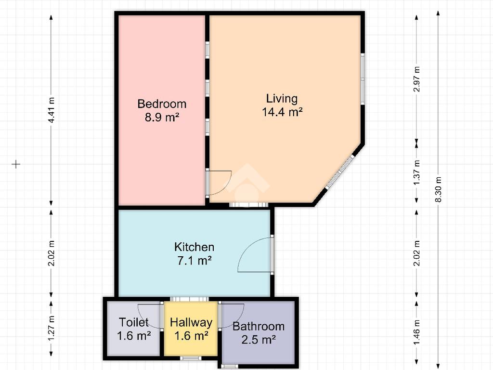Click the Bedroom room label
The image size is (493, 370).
162,104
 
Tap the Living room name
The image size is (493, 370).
282,99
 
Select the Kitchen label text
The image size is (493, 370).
195,247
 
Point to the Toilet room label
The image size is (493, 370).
134,322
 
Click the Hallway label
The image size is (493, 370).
191,322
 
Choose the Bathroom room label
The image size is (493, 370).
259,326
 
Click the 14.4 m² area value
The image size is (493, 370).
282,112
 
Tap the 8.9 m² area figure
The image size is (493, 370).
162,118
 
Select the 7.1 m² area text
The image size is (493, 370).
195,261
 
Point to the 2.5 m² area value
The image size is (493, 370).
259,340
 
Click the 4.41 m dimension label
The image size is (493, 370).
52,110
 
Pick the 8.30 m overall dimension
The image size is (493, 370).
438,189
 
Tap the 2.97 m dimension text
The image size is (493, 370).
417,79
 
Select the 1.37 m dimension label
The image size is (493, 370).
417,172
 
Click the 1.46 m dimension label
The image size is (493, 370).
417,332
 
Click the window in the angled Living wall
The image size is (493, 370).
340,171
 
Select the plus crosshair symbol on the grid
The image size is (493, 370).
16,164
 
